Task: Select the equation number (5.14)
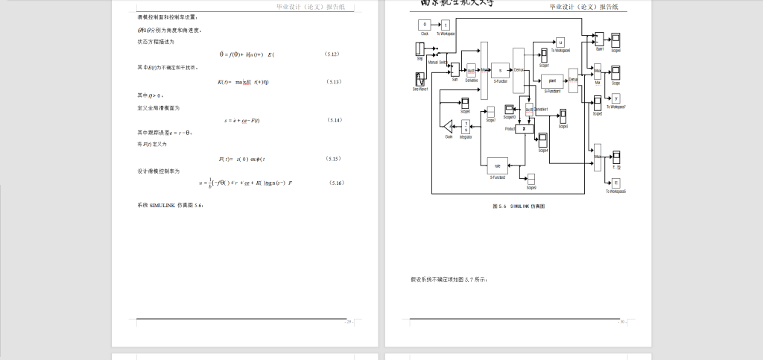pyautogui.click(x=335, y=120)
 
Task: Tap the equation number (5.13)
pyautogui.click(x=334, y=81)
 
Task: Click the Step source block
pyautogui.click(x=420, y=49)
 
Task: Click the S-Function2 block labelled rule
pyautogui.click(x=497, y=165)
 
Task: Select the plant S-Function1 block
pyautogui.click(x=552, y=80)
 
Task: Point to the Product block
pyautogui.click(x=525, y=128)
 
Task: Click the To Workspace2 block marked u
pyautogui.click(x=560, y=42)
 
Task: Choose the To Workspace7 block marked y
pyautogui.click(x=615, y=98)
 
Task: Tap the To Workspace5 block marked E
pyautogui.click(x=616, y=183)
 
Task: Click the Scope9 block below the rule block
pyautogui.click(x=531, y=178)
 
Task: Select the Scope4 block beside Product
pyautogui.click(x=543, y=139)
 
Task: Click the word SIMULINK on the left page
pyautogui.click(x=162, y=205)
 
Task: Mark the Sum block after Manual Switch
pyautogui.click(x=455, y=72)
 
